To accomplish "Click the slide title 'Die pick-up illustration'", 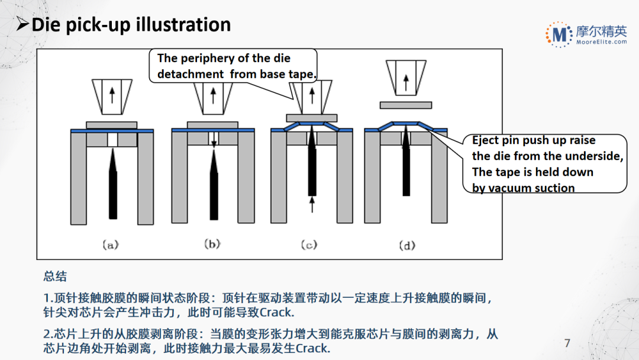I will (130, 25).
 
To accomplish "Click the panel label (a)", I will (111, 243).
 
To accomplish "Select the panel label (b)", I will (212, 243).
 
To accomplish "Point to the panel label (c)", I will (310, 243).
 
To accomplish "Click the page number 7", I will (567, 343).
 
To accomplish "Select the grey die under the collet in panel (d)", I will (405, 105).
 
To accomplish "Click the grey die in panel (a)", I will (111, 125).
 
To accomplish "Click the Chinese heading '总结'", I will (55, 277).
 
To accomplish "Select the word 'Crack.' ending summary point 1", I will (277, 313).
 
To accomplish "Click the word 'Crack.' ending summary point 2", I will (312, 348).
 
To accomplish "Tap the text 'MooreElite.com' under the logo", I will (601, 42).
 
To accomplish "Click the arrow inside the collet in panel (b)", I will (212, 94).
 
